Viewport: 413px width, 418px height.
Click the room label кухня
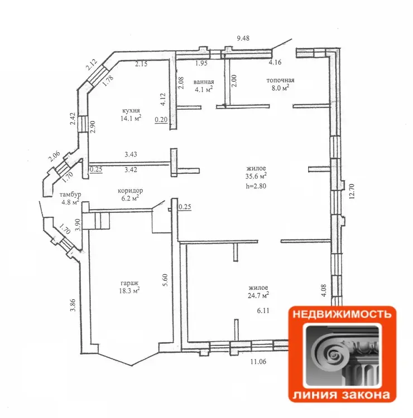(131, 111)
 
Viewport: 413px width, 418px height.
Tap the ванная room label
(204, 82)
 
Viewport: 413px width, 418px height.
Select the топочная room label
(280, 80)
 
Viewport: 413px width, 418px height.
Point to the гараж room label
(129, 283)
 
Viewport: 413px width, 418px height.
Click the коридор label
(130, 191)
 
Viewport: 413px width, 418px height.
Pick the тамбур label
(70, 195)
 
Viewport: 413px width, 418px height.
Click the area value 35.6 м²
(256, 176)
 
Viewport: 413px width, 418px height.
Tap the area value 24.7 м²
(258, 295)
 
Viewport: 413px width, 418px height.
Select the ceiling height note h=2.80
(256, 186)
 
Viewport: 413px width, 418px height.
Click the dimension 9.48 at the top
(243, 38)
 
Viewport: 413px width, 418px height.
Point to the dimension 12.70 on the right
(352, 191)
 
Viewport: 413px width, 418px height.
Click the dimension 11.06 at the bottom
(258, 362)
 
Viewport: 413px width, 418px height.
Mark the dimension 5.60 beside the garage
(165, 280)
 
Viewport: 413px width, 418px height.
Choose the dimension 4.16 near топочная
(275, 62)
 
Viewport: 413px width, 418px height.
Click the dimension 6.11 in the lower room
(263, 310)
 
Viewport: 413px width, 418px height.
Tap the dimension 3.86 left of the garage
(73, 305)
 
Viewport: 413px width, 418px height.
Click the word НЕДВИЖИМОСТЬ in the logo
(342, 314)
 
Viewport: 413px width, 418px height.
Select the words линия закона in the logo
(341, 394)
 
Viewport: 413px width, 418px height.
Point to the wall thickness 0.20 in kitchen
(161, 119)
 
